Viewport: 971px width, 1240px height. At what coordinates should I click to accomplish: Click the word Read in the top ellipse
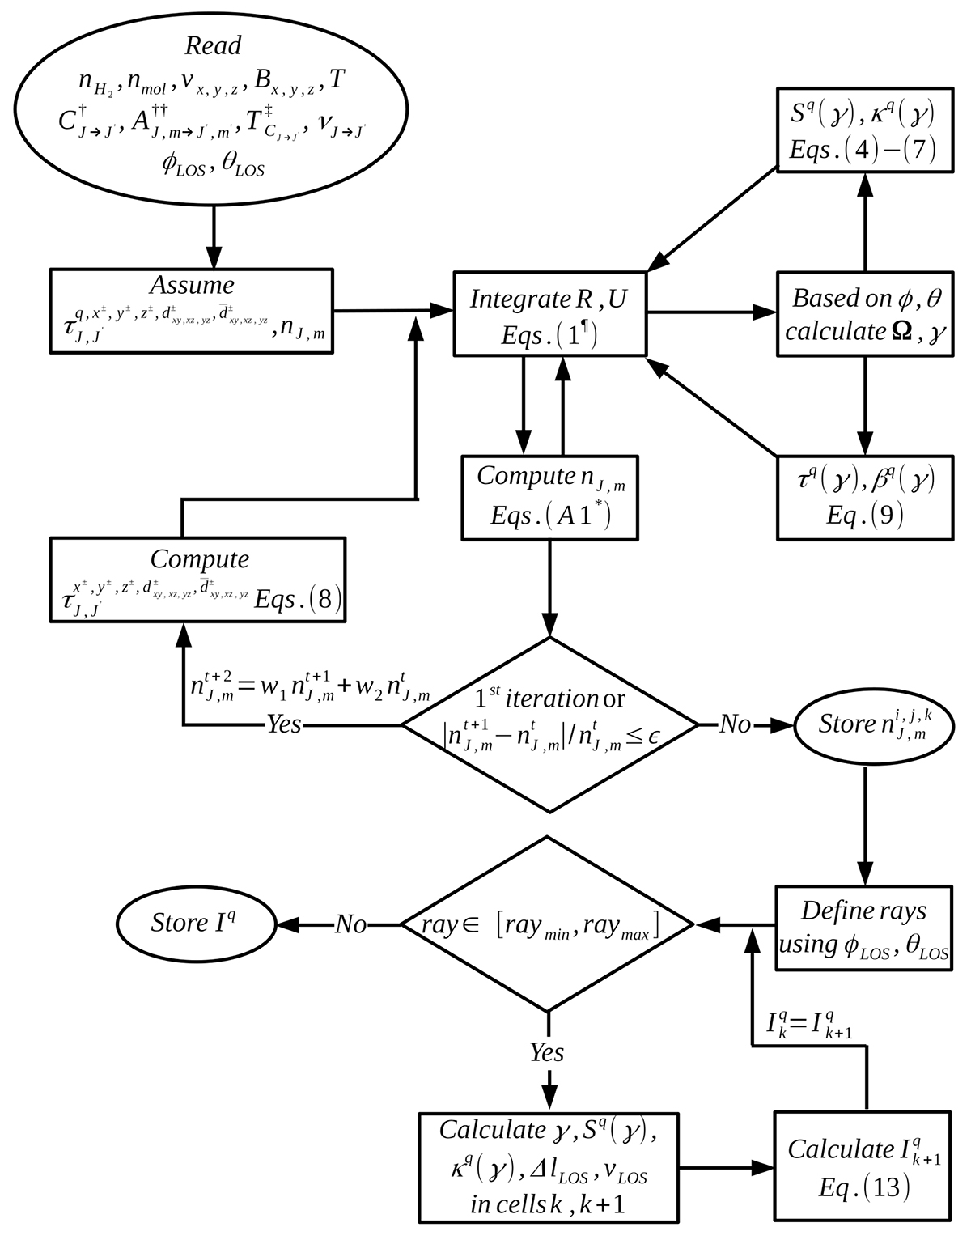coord(213,45)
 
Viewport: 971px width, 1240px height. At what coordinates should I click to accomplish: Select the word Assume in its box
coord(192,286)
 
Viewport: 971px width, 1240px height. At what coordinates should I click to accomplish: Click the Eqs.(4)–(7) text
coord(863,151)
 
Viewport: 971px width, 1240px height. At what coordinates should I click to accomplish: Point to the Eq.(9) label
coord(864,516)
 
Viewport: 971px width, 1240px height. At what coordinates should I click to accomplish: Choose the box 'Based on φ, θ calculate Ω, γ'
coord(864,314)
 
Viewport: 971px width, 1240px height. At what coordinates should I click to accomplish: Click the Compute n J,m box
coord(549,497)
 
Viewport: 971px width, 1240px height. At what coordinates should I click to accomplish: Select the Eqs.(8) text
coord(298,600)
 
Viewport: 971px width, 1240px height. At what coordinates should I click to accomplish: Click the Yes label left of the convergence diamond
coord(284,724)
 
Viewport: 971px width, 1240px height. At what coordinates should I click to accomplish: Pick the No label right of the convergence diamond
coord(735,724)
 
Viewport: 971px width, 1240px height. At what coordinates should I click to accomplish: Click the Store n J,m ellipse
coord(865,724)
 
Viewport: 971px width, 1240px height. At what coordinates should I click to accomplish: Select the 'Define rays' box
coord(863,927)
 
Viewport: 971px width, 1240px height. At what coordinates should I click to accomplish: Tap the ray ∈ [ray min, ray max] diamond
coord(548,924)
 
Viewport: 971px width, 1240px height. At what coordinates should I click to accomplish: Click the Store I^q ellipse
coord(196,924)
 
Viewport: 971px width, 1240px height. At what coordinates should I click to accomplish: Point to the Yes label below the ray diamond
coord(547,1052)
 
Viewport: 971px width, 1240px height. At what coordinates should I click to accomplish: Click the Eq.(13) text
coord(863,1187)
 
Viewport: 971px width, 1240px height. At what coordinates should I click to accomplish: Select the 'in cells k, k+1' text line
coord(547,1204)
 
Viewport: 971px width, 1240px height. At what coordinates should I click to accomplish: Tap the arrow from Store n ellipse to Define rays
coord(865,826)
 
